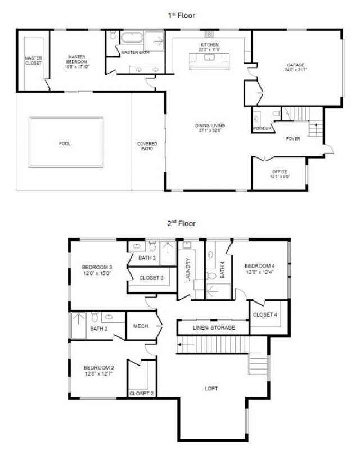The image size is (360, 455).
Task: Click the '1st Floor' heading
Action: point(182,15)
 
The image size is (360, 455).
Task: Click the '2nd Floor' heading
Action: point(182,223)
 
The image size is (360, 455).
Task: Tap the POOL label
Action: point(65,143)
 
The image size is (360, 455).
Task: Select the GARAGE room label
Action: point(296,65)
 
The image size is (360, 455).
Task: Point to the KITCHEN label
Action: point(209,44)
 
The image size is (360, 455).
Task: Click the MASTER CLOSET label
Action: point(33,61)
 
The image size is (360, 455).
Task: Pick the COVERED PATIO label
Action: point(147,147)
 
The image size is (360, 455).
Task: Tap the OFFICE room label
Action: point(280,172)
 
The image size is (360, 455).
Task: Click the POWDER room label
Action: point(263,129)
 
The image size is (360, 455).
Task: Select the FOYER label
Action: point(293,139)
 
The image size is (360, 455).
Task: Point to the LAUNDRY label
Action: point(190,270)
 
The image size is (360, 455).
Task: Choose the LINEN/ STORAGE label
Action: point(213,327)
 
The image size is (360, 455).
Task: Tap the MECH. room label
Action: point(141,326)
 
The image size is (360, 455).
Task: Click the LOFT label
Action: point(211,389)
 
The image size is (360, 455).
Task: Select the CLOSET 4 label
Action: point(264,314)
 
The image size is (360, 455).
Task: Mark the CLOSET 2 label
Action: point(142,393)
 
